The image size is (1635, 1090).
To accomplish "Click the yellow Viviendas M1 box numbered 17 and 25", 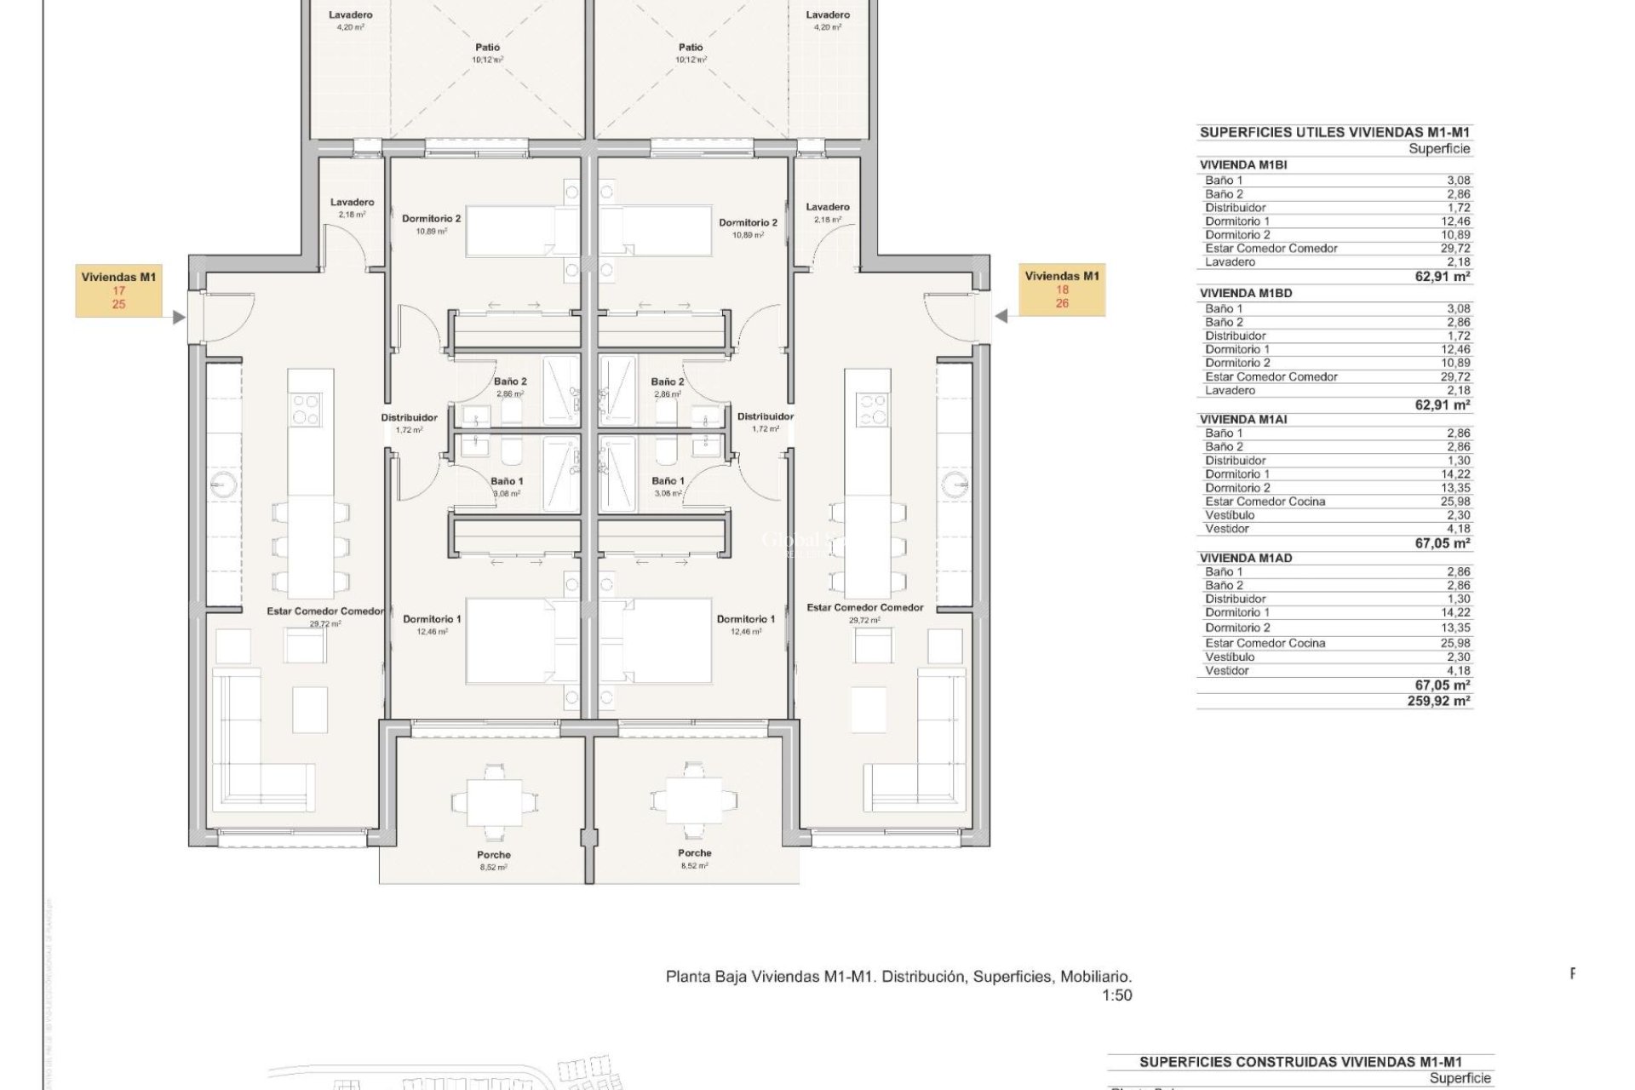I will coord(118,290).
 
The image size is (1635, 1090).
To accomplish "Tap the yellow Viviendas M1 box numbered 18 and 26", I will coord(1062,289).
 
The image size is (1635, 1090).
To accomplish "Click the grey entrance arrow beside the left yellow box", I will coord(178,318).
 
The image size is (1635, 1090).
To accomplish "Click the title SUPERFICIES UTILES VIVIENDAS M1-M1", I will coord(1334,132).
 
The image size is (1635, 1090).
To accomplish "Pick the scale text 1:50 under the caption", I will coord(1116,995).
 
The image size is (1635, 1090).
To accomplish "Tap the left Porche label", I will coord(494,855).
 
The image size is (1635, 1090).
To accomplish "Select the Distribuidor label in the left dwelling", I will coord(409,417).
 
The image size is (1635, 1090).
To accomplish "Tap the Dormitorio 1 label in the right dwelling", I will coord(745,619).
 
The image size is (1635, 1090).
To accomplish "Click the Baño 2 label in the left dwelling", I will coord(510,381).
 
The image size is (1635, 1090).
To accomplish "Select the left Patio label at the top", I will coord(487,48).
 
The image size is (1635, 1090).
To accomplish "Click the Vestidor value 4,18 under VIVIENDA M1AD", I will coord(1458,670).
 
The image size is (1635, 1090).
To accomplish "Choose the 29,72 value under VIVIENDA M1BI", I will coord(1457,248).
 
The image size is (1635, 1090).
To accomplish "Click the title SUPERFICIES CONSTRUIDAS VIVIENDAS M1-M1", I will coord(1300,1062).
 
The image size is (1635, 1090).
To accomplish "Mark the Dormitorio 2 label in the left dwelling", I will coord(431,219).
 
